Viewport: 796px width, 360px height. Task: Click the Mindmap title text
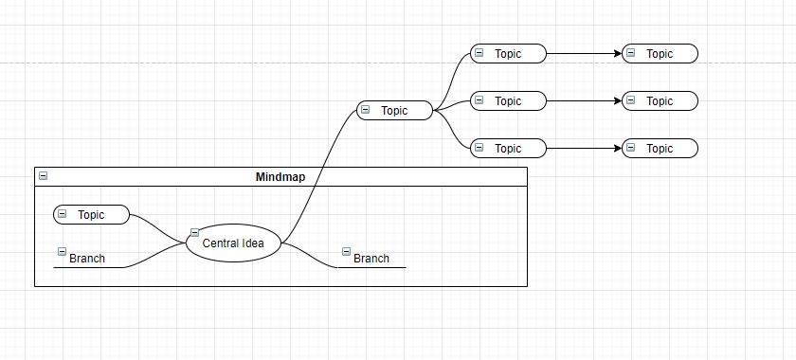(280, 177)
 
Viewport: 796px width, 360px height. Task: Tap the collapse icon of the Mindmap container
(43, 176)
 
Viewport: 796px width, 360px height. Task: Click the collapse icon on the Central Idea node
(194, 232)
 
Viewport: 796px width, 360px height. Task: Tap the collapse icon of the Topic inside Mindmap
(63, 214)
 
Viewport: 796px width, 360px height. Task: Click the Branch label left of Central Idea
(87, 259)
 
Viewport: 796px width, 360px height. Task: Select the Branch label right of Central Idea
(371, 259)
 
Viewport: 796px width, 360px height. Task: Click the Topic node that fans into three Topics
(394, 111)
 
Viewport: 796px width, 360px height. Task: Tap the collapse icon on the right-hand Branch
(347, 252)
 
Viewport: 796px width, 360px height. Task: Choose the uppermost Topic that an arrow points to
(660, 54)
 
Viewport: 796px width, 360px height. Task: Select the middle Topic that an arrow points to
(660, 101)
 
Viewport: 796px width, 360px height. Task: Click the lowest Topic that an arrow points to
(660, 149)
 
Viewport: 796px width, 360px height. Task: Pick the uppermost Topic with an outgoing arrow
(509, 54)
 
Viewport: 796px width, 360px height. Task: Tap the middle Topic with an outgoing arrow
(509, 101)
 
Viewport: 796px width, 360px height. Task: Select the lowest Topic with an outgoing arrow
(509, 149)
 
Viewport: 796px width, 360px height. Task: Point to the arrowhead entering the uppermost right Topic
(618, 54)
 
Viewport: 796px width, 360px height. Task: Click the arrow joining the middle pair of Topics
(583, 101)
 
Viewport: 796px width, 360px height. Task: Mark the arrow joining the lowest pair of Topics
(583, 149)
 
